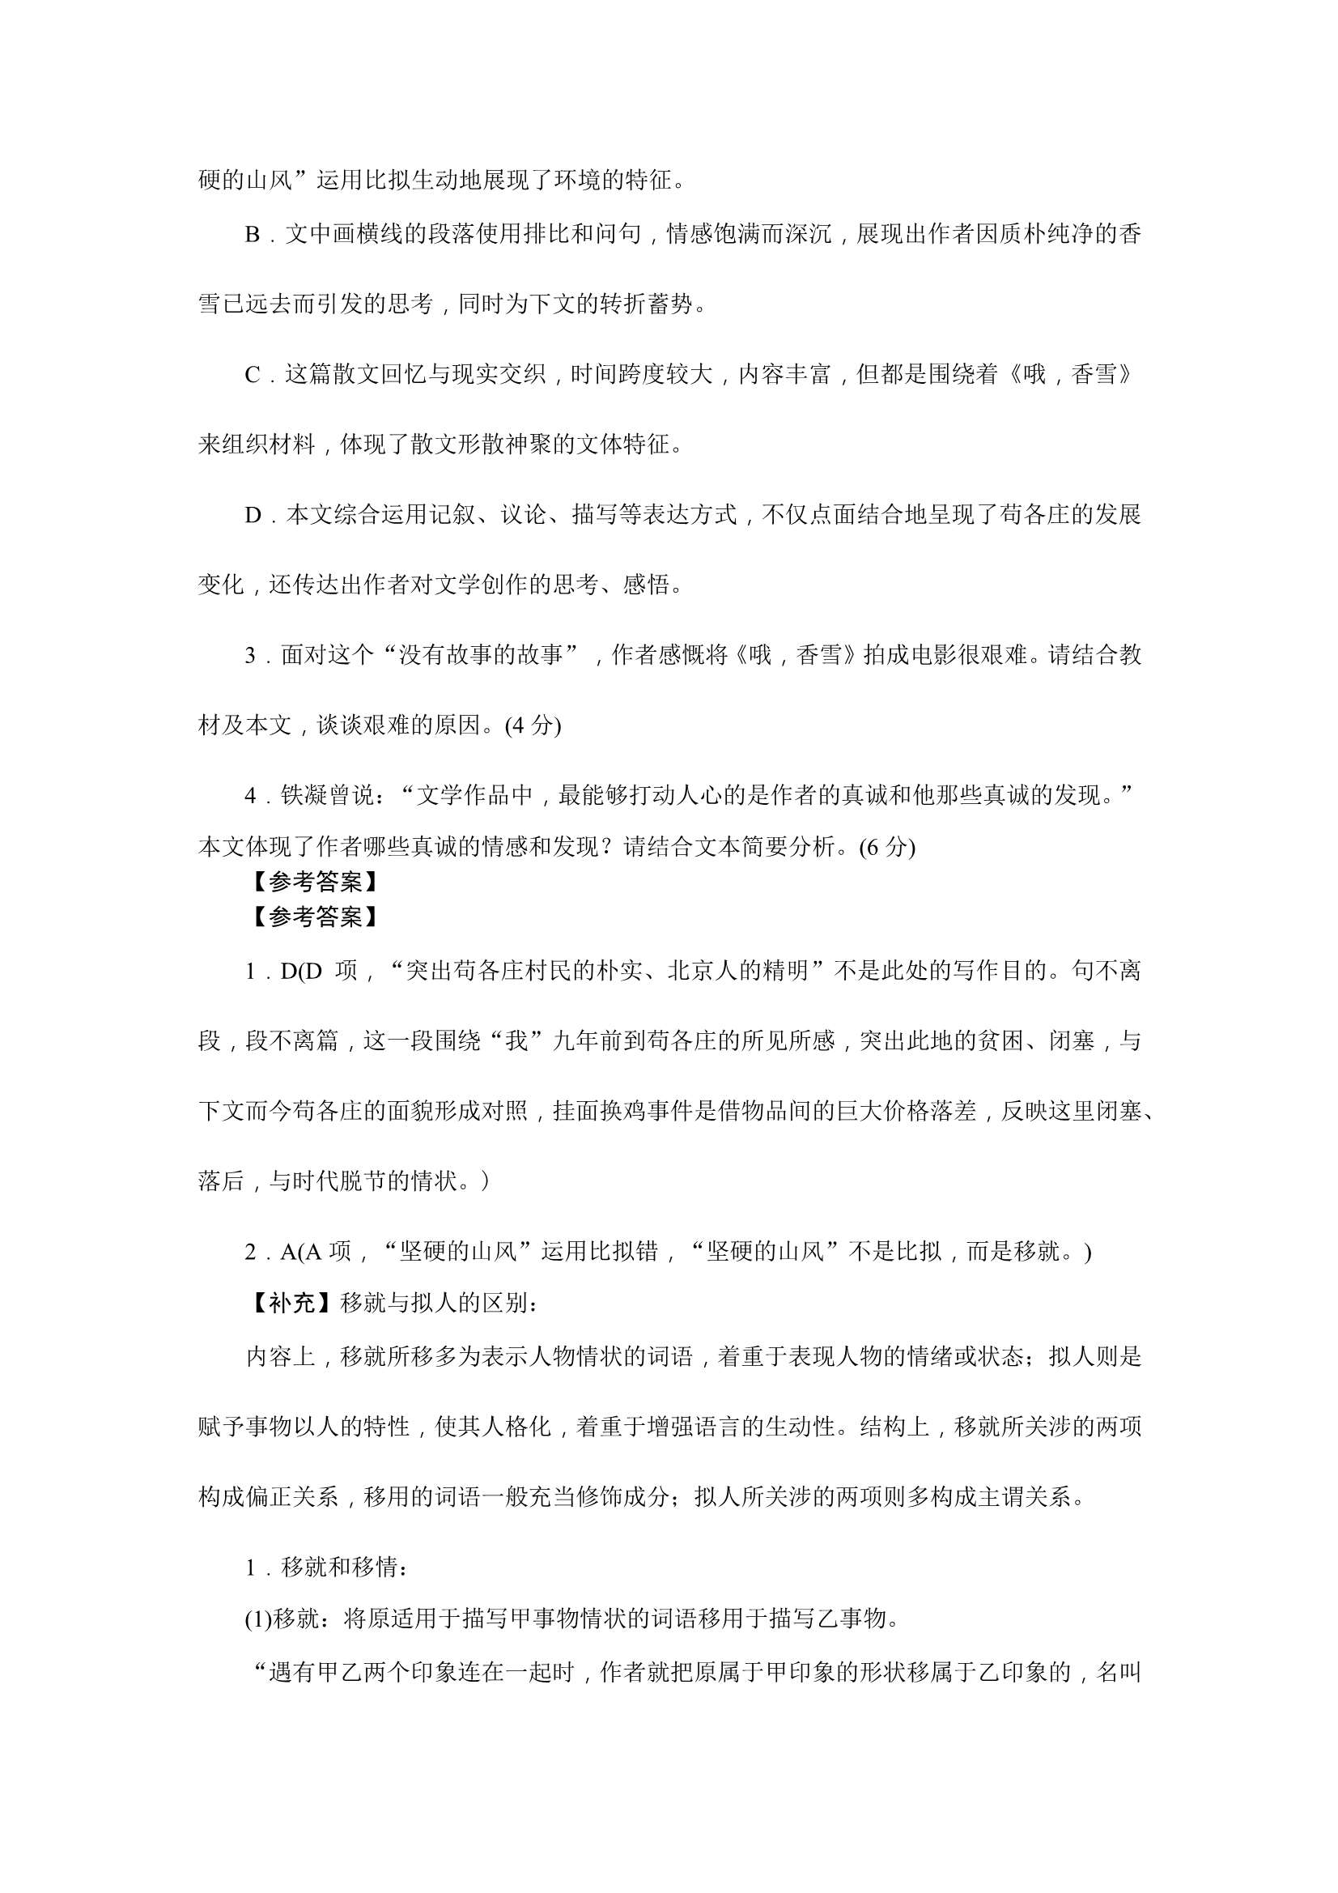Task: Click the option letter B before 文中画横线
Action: tap(253, 235)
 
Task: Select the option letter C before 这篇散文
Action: tap(253, 375)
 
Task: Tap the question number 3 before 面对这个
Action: tap(251, 656)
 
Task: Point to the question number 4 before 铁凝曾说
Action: tap(251, 796)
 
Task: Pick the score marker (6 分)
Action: tap(887, 847)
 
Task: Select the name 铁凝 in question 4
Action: tap(304, 796)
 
